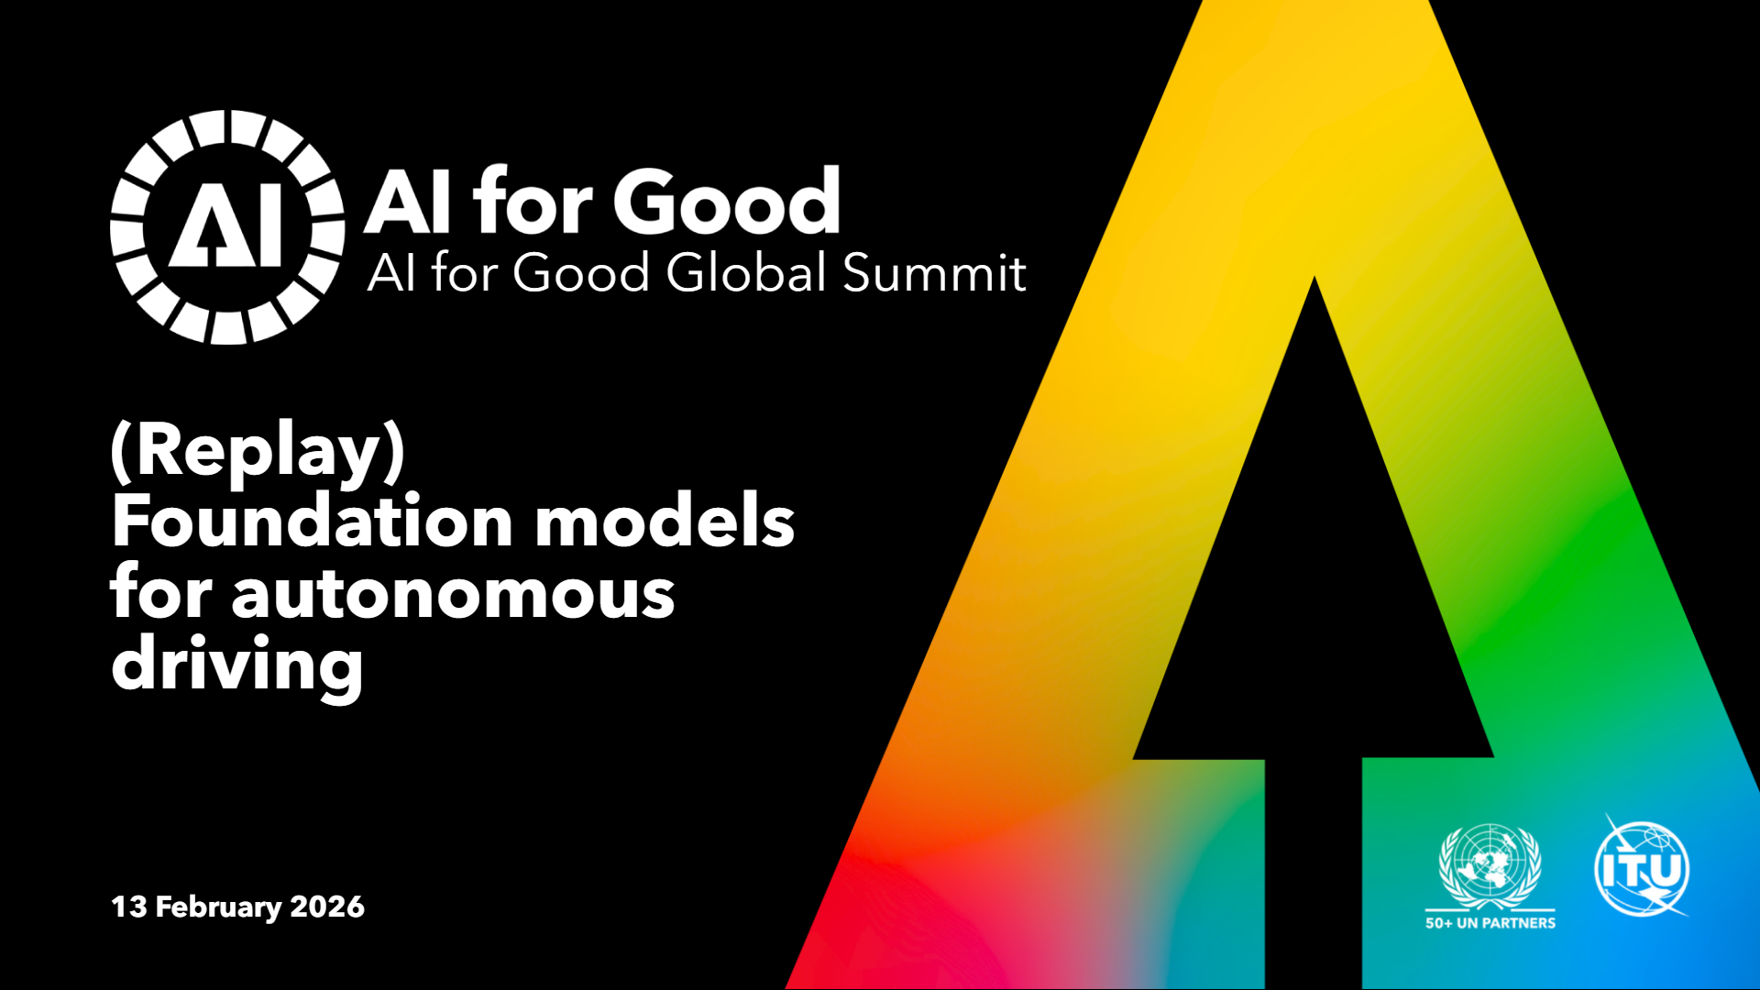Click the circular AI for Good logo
[227, 227]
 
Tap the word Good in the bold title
[727, 202]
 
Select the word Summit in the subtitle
[934, 272]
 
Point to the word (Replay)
[258, 451]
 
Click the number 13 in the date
[128, 907]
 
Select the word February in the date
[218, 907]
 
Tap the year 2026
[327, 907]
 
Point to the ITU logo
[1642, 867]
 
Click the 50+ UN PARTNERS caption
[1490, 923]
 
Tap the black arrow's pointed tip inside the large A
[1314, 278]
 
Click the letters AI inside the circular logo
[226, 227]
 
